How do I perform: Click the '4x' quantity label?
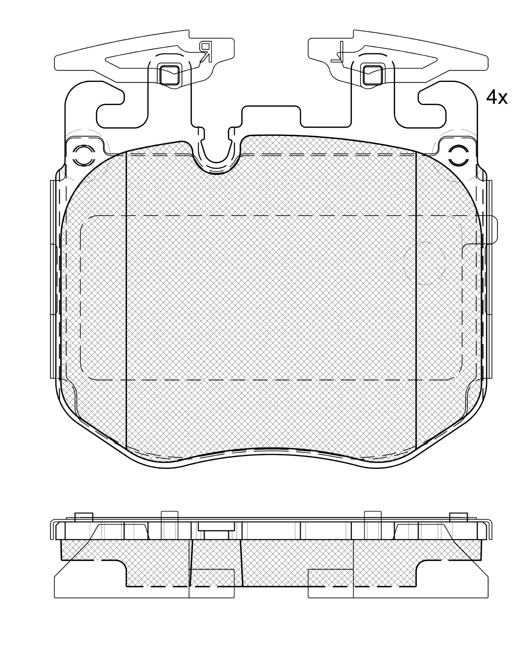[497, 98]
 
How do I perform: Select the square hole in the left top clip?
[169, 74]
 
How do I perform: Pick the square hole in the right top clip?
[372, 74]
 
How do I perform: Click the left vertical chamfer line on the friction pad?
[126, 300]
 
